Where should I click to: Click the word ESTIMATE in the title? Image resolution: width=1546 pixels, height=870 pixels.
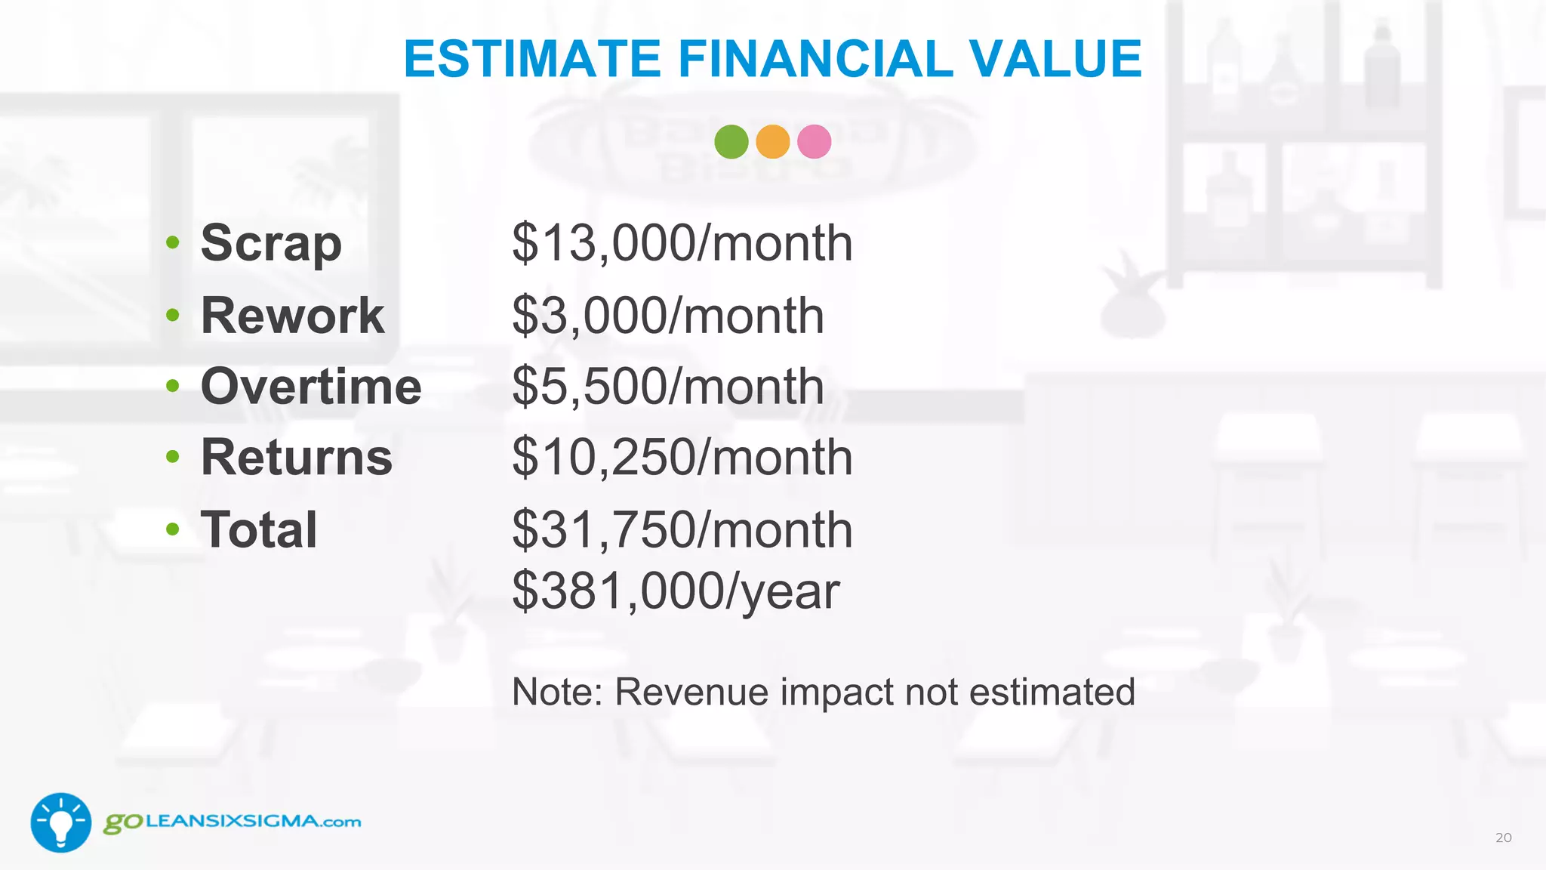point(533,59)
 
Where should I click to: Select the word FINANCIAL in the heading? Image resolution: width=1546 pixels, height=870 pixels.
point(815,59)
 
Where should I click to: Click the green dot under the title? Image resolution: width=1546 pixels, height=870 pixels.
point(731,142)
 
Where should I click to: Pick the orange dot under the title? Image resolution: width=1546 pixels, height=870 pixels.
point(772,142)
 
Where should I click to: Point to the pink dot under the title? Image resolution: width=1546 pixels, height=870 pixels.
point(814,142)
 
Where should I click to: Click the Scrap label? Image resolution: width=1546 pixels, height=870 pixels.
point(271,244)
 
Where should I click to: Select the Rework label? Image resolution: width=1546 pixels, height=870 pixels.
point(292,315)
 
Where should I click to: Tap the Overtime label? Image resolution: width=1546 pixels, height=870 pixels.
point(311,387)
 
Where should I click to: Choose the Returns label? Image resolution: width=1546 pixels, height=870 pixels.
point(297,458)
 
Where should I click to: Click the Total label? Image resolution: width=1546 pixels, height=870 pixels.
point(259,529)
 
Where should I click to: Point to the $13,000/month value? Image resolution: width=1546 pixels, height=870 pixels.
point(682,244)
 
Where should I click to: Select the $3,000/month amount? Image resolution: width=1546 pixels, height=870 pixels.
point(668,315)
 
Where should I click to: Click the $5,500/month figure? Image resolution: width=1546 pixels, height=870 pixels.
point(668,387)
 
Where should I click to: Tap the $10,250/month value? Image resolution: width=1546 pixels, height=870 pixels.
point(682,458)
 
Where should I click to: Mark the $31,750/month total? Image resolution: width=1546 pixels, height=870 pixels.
point(682,529)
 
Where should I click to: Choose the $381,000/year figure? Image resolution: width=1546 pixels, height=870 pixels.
point(676,591)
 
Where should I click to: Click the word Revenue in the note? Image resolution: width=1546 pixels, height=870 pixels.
point(691,692)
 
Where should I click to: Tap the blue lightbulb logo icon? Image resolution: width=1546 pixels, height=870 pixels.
point(61,822)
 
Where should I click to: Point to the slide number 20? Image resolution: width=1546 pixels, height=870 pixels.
point(1503,838)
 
